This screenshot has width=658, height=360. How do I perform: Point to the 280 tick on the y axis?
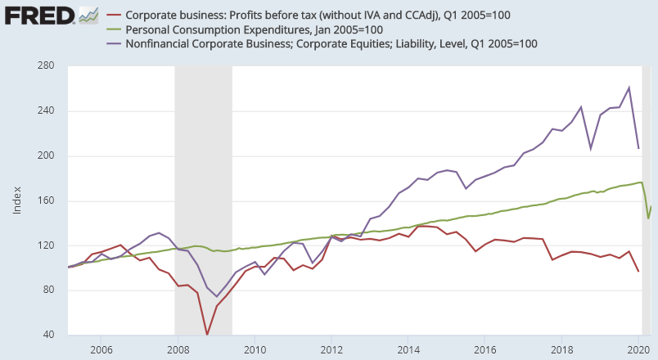tap(46, 66)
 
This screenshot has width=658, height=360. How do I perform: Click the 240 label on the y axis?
tap(46, 111)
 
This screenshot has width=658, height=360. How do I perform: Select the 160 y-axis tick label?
tap(46, 200)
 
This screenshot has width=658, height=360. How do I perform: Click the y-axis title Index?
tap(17, 201)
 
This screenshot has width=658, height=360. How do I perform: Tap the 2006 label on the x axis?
tap(101, 349)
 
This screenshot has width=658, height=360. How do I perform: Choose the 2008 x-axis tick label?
tap(178, 349)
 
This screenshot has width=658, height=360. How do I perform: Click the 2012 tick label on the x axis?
tap(331, 349)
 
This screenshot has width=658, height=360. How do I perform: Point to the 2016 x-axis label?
tap(485, 349)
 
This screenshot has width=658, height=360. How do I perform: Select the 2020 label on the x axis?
tap(639, 349)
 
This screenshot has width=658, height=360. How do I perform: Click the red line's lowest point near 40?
tap(207, 335)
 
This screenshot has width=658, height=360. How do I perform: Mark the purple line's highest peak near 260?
tap(629, 88)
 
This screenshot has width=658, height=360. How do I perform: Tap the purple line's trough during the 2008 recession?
tap(217, 296)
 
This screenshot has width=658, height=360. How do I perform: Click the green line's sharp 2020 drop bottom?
tap(648, 218)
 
